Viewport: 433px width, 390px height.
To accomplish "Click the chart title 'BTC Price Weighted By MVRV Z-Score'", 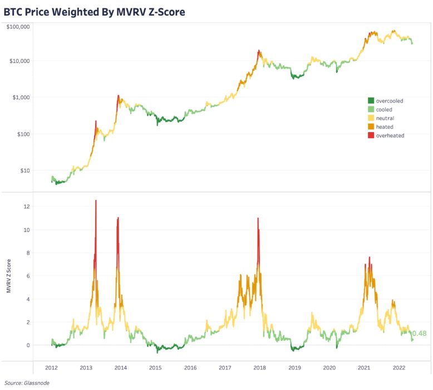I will click(x=94, y=11).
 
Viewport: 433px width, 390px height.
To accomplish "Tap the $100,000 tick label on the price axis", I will click(x=19, y=27).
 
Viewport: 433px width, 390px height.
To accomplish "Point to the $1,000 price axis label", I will click(x=21, y=97).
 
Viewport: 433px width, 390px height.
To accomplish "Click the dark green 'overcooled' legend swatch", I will click(x=371, y=101).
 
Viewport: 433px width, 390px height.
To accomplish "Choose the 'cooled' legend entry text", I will click(x=384, y=110).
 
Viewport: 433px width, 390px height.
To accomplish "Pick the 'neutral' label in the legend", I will click(x=385, y=118).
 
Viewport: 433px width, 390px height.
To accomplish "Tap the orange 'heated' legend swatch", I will click(x=371, y=127).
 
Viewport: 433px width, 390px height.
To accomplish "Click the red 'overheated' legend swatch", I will click(x=371, y=135).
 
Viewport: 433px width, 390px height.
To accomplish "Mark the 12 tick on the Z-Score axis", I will click(x=26, y=207).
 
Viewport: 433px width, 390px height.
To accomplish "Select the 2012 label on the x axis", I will click(x=51, y=368).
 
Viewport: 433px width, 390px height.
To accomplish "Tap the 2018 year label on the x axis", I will click(x=259, y=368).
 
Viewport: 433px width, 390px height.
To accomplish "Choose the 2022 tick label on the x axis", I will click(x=398, y=368).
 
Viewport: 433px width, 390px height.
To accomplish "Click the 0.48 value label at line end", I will click(x=419, y=334).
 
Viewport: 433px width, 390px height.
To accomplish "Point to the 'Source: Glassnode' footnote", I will click(x=23, y=383).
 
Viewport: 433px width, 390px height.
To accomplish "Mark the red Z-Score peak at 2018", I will click(x=258, y=218).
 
